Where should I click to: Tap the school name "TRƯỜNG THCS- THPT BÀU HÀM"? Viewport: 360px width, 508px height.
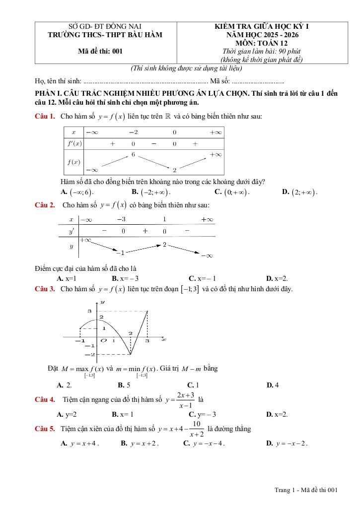104,35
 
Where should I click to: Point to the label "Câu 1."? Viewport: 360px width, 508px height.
45,117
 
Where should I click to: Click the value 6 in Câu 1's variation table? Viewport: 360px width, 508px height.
133,154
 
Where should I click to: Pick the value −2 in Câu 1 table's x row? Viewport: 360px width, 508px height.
133,132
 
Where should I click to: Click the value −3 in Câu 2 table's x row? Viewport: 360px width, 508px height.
121,219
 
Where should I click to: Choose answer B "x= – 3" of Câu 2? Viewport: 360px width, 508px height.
125,279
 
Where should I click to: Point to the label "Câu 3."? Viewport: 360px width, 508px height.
45,289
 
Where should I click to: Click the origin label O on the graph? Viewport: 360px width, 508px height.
103,341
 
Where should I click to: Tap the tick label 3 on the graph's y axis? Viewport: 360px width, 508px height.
90,311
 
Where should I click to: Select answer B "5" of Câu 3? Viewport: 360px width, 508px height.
124,384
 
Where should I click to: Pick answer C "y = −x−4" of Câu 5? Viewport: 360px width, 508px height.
204,444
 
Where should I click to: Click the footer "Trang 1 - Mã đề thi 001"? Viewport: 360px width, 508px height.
306,490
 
